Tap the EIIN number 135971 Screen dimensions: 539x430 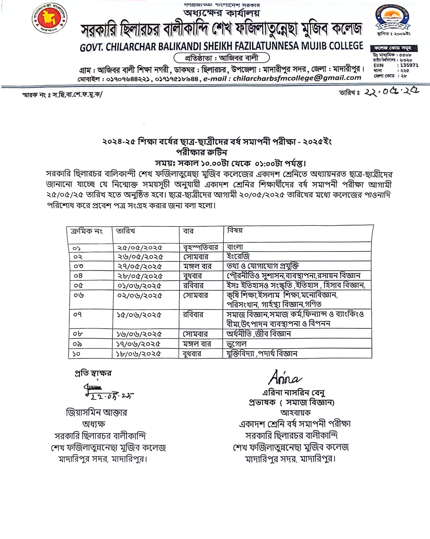tap(409, 65)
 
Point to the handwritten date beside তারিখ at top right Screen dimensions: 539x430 tap(391, 92)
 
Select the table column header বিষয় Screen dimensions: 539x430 tap(235, 231)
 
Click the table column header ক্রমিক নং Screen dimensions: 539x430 tap(86, 231)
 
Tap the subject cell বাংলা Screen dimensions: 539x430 tap(235, 247)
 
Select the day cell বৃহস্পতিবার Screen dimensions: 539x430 tap(200, 247)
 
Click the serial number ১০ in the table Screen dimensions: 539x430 tap(76, 354)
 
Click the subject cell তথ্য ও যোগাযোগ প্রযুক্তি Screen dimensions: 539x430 tap(262, 266)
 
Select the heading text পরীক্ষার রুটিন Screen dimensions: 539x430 tap(201, 152)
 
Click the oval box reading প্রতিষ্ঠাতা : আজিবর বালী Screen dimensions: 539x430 tap(221, 58)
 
